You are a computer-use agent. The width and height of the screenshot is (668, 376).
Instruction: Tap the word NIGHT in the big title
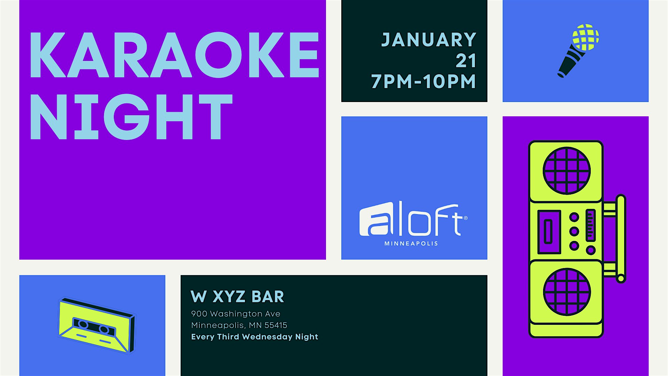(x=132, y=117)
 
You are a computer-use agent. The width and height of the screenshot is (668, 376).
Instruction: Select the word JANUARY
(x=429, y=40)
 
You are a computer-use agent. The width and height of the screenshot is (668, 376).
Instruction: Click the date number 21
(x=466, y=61)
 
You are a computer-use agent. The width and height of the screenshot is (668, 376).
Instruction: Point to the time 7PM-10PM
(x=423, y=82)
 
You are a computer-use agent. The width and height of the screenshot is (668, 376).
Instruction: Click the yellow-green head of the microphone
(x=586, y=37)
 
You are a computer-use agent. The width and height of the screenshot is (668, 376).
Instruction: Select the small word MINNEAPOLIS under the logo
(x=411, y=244)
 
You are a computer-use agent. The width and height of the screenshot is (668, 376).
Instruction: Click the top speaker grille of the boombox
(x=567, y=171)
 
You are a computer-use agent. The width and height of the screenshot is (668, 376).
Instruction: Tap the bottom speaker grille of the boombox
(x=567, y=292)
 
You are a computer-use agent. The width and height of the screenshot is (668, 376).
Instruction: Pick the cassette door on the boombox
(x=549, y=232)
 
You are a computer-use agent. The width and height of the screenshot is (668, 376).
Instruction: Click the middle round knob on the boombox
(x=574, y=231)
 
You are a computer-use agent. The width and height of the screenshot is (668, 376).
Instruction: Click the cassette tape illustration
(x=96, y=325)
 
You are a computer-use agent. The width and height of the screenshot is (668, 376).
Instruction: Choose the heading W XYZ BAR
(x=238, y=297)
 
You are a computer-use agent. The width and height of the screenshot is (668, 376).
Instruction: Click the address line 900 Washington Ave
(x=236, y=314)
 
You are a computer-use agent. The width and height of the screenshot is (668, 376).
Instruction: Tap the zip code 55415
(x=276, y=325)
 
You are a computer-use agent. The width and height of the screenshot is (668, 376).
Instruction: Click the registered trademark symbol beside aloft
(x=466, y=218)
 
